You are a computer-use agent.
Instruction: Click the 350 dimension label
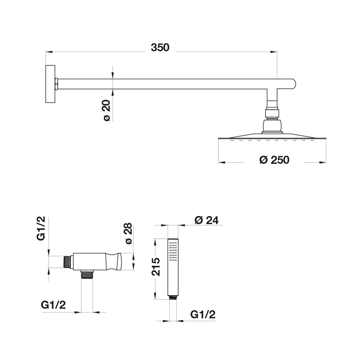160,48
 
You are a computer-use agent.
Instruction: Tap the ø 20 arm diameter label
107,110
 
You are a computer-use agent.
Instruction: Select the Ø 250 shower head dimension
274,160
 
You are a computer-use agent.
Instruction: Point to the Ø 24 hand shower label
206,220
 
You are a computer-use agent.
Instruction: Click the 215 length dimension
156,267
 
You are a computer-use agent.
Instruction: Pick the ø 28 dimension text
129,233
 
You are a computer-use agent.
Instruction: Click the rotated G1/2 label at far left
41,228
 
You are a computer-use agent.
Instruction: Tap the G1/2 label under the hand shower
203,314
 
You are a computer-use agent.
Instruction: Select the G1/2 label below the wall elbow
53,305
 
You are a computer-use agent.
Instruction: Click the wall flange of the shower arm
50,84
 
